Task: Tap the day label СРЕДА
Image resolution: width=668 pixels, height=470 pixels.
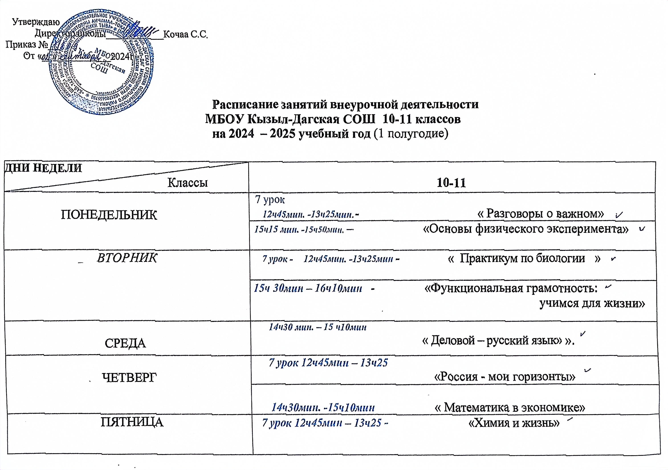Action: coord(125,343)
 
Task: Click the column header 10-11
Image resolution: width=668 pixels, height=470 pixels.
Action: coord(451,183)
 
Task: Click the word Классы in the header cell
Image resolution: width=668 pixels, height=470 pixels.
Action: coord(188,182)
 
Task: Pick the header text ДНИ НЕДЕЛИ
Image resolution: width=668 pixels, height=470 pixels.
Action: coord(43,168)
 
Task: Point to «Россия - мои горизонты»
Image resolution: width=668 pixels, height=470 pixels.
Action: coord(505,377)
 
